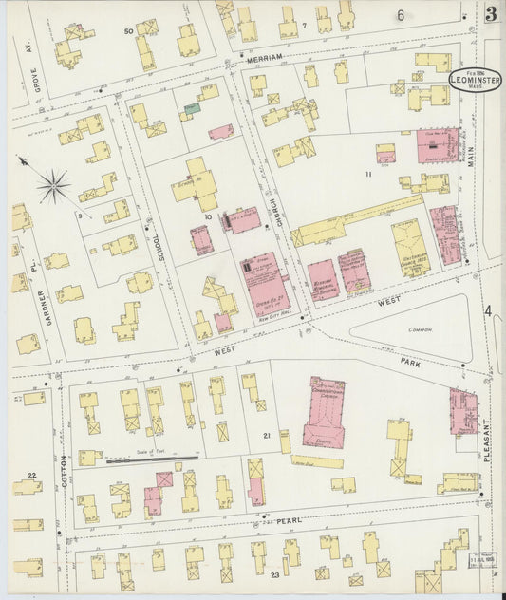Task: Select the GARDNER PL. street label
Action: click(x=44, y=307)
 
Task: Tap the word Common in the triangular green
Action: click(x=419, y=329)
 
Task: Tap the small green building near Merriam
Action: click(x=193, y=109)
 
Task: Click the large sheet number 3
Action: click(x=490, y=13)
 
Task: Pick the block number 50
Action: click(x=128, y=31)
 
